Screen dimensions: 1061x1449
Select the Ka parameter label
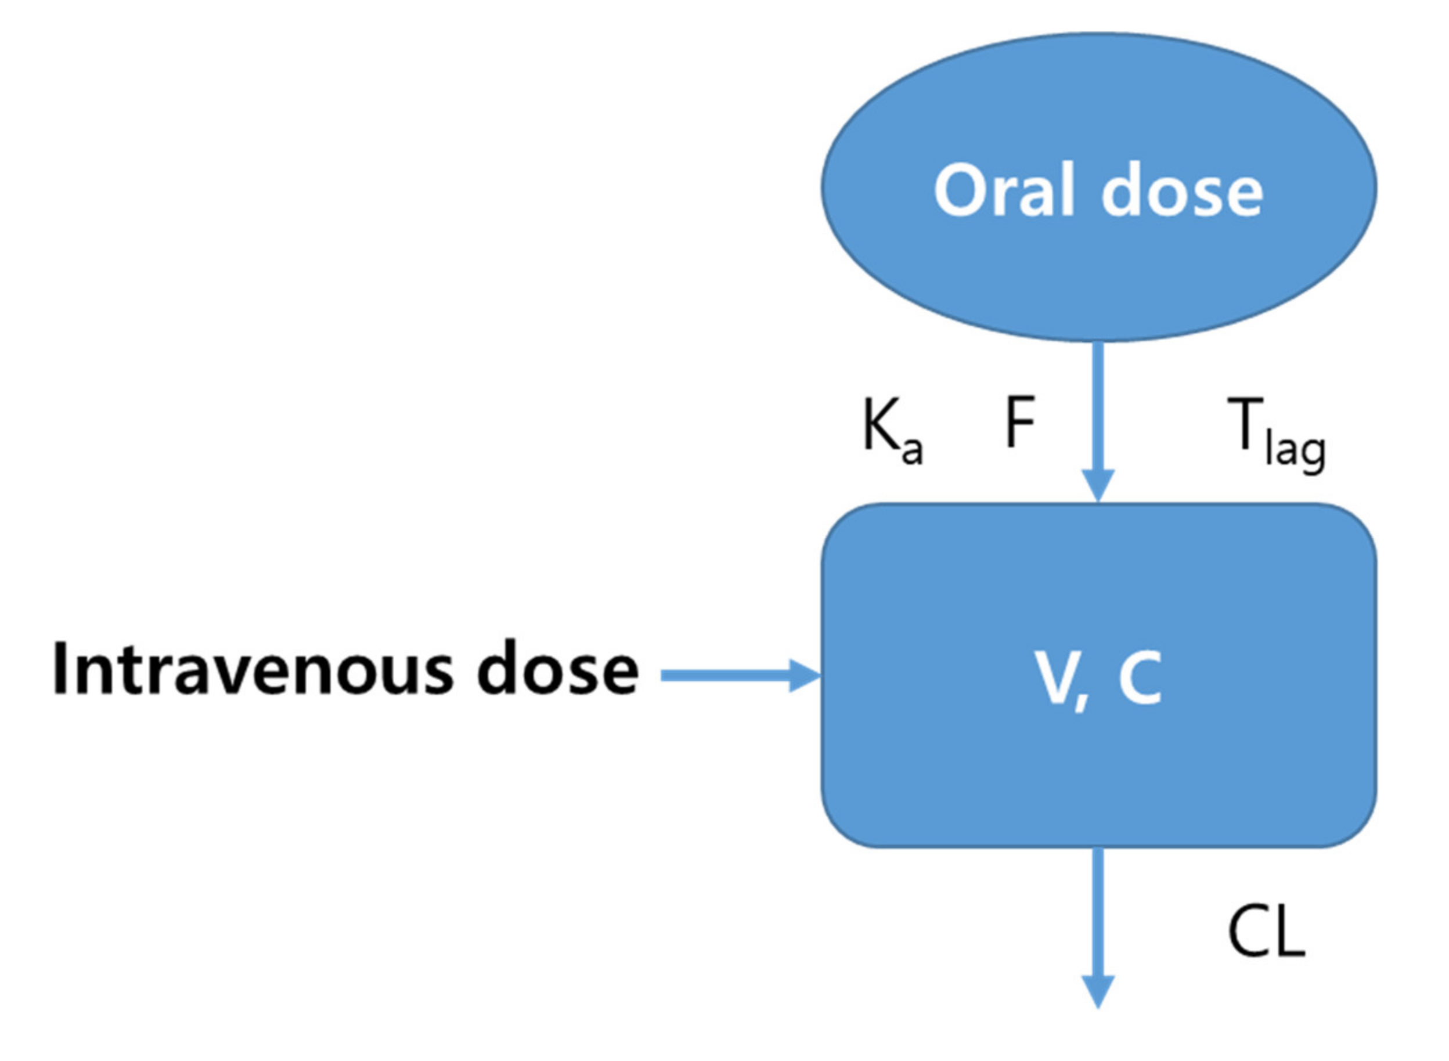click(x=892, y=429)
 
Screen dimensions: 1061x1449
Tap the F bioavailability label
click(x=1019, y=422)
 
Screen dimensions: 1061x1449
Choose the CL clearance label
click(x=1266, y=934)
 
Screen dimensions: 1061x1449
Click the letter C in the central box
click(x=1140, y=677)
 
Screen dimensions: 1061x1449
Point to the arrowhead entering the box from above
click(x=1098, y=486)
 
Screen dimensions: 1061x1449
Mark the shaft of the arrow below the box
click(x=1098, y=912)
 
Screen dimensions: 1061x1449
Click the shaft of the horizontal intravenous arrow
click(x=726, y=676)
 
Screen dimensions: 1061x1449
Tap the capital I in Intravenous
click(x=61, y=668)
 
